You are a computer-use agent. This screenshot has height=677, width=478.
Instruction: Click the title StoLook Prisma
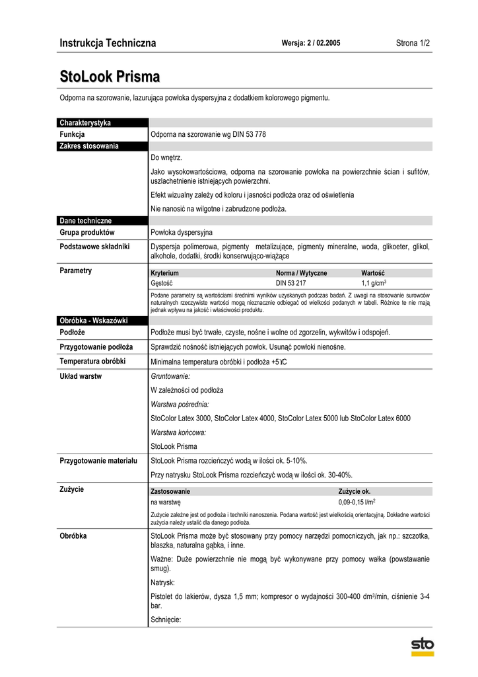[110, 76]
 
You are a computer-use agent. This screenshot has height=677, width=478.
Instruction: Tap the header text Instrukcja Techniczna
[108, 44]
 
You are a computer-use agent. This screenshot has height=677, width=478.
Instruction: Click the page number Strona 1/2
[413, 44]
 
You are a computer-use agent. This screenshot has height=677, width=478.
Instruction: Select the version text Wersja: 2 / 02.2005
[311, 44]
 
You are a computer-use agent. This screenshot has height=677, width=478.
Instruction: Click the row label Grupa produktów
[87, 233]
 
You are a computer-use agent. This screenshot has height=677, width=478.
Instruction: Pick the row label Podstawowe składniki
[94, 247]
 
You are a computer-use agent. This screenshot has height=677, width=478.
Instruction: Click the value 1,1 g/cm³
[374, 282]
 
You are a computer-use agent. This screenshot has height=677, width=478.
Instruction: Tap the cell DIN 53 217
[291, 282]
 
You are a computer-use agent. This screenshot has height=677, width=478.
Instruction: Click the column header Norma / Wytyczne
[301, 273]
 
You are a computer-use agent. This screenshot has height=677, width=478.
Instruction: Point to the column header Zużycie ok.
[355, 492]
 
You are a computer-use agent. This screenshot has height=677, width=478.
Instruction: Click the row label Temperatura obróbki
[92, 362]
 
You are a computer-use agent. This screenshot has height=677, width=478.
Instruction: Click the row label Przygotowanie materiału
[98, 460]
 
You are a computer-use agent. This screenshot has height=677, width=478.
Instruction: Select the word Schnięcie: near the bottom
[166, 619]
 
